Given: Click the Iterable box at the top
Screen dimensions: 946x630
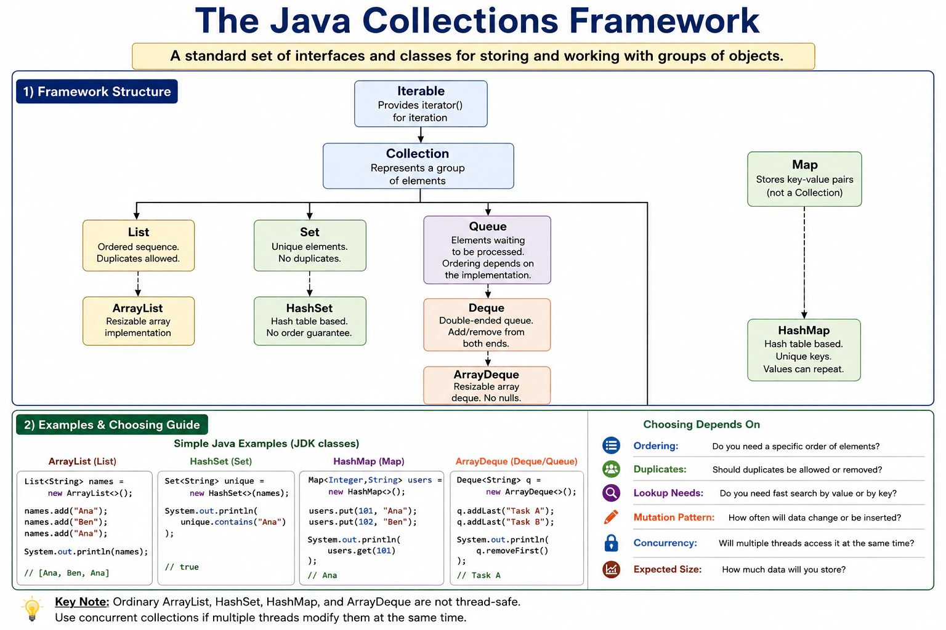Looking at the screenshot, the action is (421, 104).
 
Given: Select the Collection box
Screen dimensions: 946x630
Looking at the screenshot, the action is (418, 166).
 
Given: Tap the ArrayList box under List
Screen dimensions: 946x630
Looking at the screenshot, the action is (139, 321).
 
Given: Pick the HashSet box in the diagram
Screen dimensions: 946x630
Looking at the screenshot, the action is (310, 321).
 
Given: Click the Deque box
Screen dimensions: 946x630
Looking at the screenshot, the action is (487, 325).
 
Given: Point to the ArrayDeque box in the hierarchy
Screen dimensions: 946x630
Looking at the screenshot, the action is (487, 385).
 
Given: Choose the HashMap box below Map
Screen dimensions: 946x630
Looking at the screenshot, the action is (804, 350).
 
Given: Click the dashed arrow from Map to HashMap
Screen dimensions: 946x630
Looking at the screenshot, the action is (804, 263).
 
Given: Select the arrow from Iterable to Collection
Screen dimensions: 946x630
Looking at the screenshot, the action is (421, 135).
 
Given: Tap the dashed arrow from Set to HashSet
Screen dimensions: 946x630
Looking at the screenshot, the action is (310, 284).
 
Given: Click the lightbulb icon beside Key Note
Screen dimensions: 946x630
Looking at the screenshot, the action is (32, 608).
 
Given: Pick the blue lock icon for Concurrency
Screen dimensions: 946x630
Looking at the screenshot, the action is (611, 543).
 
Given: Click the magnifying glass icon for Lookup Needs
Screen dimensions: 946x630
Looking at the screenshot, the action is (611, 492).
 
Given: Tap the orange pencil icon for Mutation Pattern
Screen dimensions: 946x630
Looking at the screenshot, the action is (611, 517).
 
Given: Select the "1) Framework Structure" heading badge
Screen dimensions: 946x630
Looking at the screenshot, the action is (97, 92).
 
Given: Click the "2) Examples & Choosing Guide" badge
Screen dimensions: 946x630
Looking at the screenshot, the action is (112, 425).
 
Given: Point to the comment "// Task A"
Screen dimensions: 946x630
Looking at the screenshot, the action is (479, 575).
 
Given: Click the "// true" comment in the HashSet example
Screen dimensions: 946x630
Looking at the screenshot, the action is (182, 567).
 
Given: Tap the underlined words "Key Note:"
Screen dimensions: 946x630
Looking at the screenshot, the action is (82, 602).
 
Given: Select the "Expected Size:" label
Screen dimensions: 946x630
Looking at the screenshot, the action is (667, 569).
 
